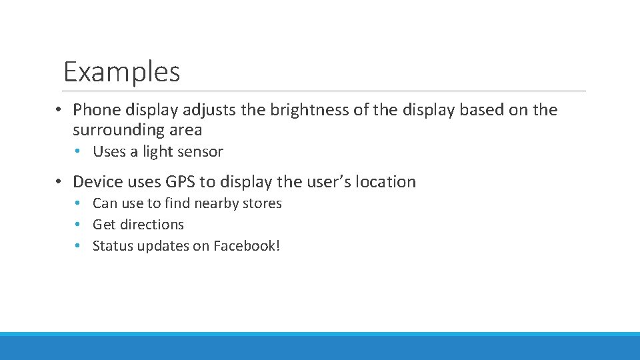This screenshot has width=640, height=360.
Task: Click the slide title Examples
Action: pos(121,71)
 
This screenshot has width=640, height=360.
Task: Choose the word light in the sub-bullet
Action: pos(158,151)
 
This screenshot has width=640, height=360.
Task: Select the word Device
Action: pos(97,181)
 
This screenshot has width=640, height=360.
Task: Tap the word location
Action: pos(386,181)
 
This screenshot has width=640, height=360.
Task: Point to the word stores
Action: pos(263,203)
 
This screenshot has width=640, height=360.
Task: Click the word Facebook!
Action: pos(247,246)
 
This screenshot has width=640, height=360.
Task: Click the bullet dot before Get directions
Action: pos(78,225)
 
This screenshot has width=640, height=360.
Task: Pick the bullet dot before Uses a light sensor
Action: pos(78,151)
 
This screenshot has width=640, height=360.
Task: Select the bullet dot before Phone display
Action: pos(59,109)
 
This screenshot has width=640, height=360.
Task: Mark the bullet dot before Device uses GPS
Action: pos(59,181)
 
